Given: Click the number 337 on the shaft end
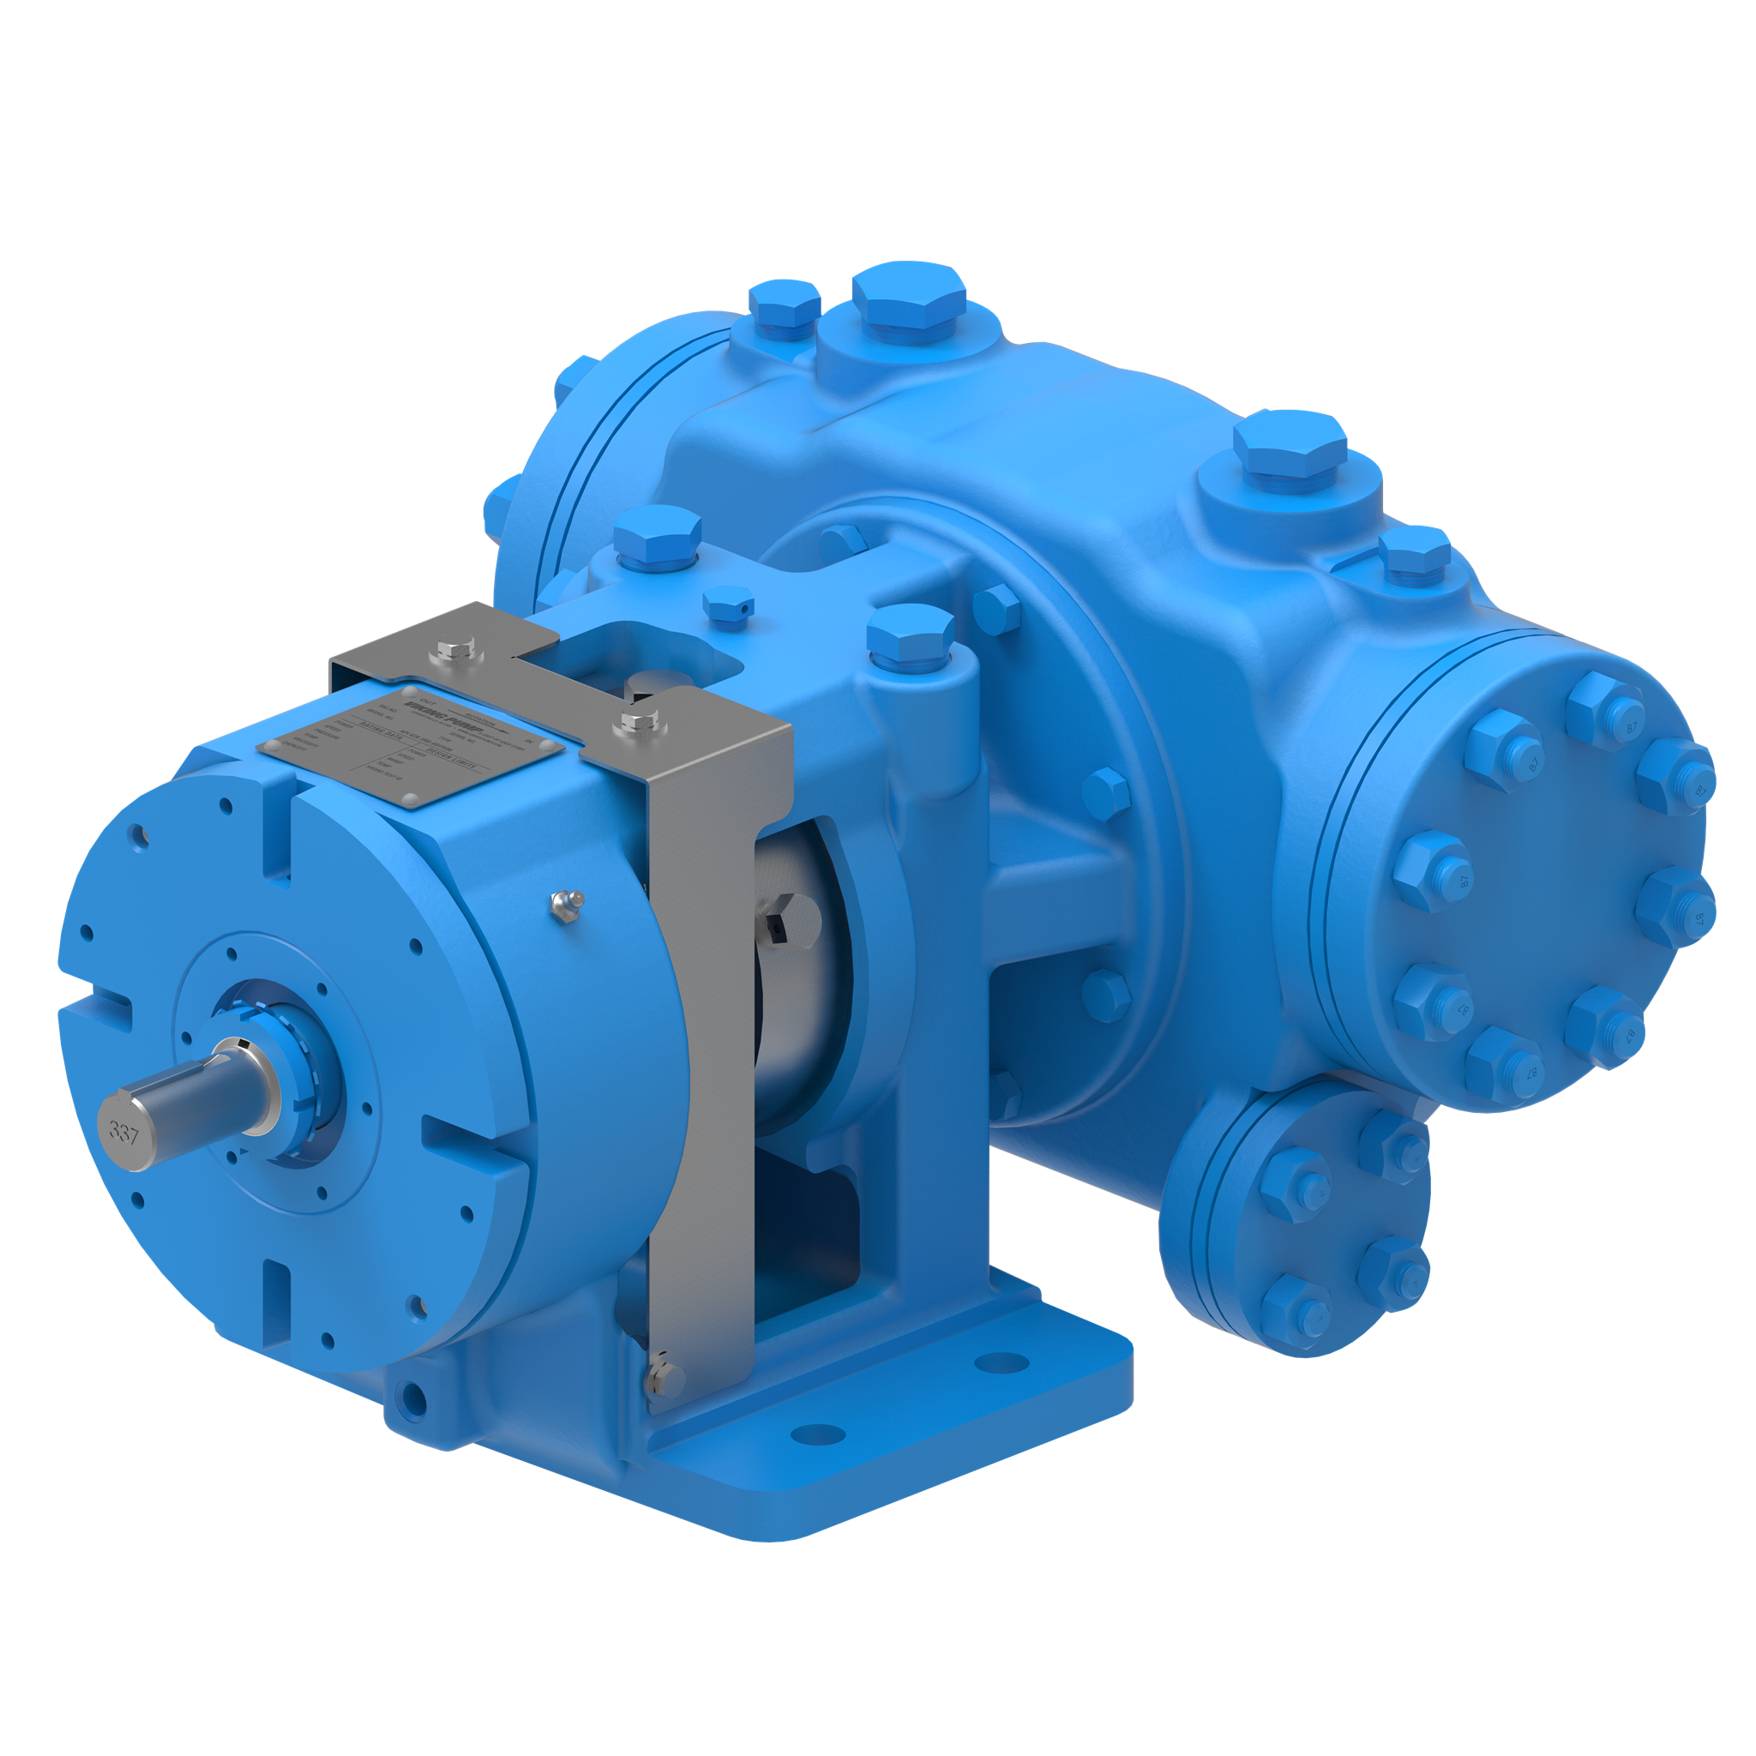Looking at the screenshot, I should (123, 1133).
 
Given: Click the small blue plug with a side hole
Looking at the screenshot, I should (729, 604).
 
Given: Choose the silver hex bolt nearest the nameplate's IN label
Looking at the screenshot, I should (635, 723).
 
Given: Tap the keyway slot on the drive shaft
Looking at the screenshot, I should (229, 1055).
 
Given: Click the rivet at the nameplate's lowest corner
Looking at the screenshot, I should (411, 799).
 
